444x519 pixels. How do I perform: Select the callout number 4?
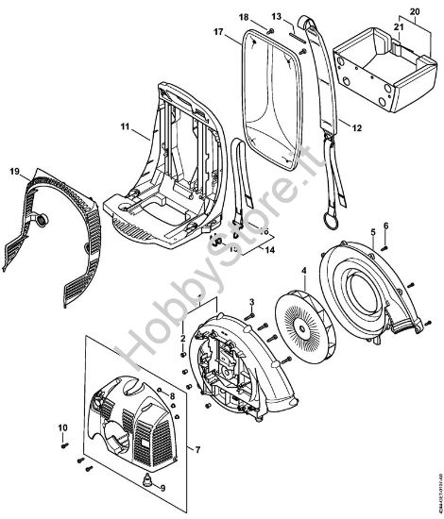point(303,271)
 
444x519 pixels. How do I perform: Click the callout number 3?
point(252,301)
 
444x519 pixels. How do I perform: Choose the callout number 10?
point(64,429)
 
